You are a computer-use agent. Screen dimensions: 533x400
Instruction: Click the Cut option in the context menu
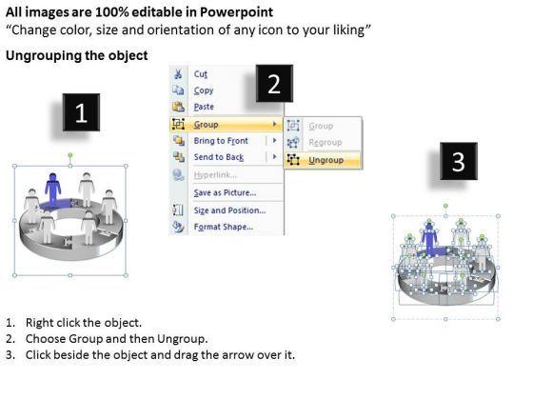tap(200, 74)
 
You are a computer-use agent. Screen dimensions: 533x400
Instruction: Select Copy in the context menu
tap(204, 90)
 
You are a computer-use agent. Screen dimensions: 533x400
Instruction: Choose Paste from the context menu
tap(204, 107)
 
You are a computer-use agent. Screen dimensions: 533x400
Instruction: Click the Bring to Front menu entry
tap(221, 141)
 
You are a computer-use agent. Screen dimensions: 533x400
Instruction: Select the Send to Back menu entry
tap(219, 157)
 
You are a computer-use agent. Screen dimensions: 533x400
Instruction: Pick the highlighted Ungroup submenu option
tap(326, 160)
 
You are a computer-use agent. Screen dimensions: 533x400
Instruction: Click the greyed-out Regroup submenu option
tap(325, 143)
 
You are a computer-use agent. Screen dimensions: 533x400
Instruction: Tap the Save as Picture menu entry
tap(225, 192)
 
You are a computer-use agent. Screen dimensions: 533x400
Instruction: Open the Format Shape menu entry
tap(224, 227)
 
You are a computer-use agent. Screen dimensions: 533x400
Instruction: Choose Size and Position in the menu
tap(229, 210)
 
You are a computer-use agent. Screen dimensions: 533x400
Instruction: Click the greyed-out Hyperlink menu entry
tap(215, 175)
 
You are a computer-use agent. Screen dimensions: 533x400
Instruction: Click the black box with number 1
tap(81, 112)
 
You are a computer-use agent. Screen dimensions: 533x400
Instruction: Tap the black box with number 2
tap(274, 84)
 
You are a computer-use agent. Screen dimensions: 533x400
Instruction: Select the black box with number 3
tap(459, 161)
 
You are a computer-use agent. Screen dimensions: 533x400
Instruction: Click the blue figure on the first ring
tap(52, 189)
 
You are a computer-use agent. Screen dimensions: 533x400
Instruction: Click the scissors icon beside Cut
tap(178, 74)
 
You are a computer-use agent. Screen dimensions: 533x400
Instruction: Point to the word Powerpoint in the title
tap(236, 12)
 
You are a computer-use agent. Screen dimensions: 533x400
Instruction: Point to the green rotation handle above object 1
tap(70, 155)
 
